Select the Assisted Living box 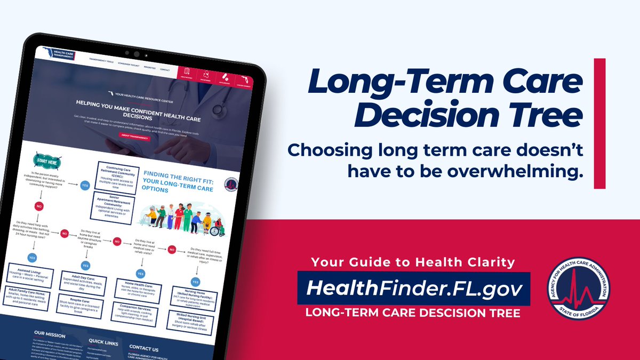point(35,274)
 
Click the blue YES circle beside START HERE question point(85,186)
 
